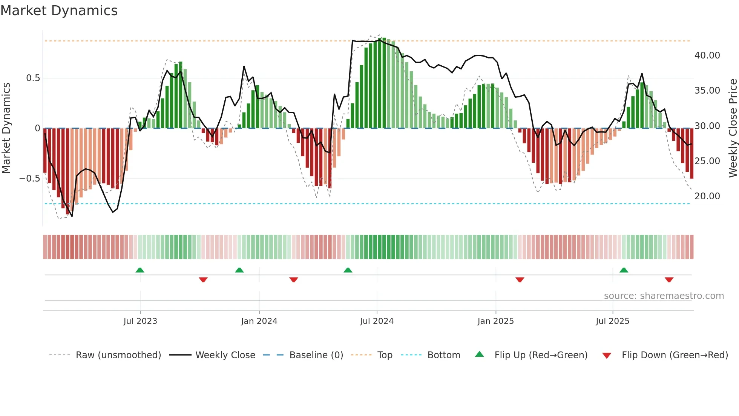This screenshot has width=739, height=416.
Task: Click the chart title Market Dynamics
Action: coord(59,11)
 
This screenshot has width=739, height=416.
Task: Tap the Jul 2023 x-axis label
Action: coord(140,321)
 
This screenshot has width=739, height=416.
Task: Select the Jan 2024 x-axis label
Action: coord(259,321)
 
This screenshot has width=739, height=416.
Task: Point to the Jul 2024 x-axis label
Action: coord(377,321)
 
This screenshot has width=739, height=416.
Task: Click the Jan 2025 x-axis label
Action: coord(495,321)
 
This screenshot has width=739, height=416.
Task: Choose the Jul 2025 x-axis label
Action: coord(612,321)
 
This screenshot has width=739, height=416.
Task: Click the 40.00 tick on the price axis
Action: coord(707,55)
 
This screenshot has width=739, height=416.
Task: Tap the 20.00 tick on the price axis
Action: coord(707,196)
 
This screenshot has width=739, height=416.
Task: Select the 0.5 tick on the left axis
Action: coord(33,78)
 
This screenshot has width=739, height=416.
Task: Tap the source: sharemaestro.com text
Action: coord(664,296)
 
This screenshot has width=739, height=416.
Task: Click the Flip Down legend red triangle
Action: coord(607,356)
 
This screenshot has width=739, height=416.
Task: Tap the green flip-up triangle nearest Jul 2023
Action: coord(140,270)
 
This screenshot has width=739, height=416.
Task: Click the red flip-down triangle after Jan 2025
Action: coord(520,280)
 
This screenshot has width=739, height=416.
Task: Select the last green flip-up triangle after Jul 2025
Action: coord(624,270)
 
